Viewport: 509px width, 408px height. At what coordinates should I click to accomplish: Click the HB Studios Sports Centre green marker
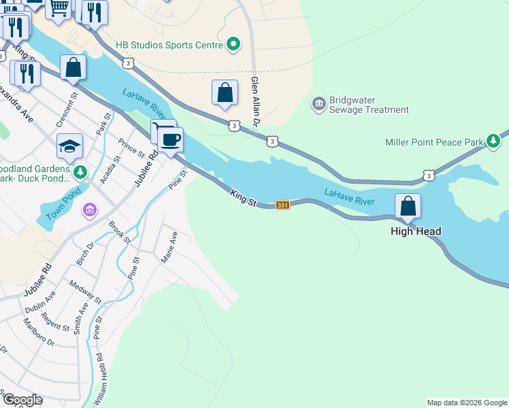(x=233, y=45)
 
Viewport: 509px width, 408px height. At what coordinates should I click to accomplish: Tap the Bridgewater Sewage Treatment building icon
(x=318, y=104)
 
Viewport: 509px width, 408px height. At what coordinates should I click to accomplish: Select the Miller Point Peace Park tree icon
(x=493, y=141)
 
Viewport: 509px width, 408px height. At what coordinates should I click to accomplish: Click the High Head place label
(x=416, y=231)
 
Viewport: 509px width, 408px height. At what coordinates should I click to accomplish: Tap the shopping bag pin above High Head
(x=408, y=206)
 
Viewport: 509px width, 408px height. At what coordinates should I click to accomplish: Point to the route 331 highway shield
(x=283, y=205)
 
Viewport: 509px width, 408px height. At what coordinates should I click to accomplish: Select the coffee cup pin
(x=170, y=139)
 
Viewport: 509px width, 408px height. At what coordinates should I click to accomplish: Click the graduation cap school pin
(x=69, y=146)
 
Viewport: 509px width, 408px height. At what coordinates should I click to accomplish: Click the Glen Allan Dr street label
(x=256, y=102)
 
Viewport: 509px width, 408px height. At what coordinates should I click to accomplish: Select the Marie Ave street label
(x=169, y=248)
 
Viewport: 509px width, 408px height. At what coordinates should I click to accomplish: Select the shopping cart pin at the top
(x=59, y=9)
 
